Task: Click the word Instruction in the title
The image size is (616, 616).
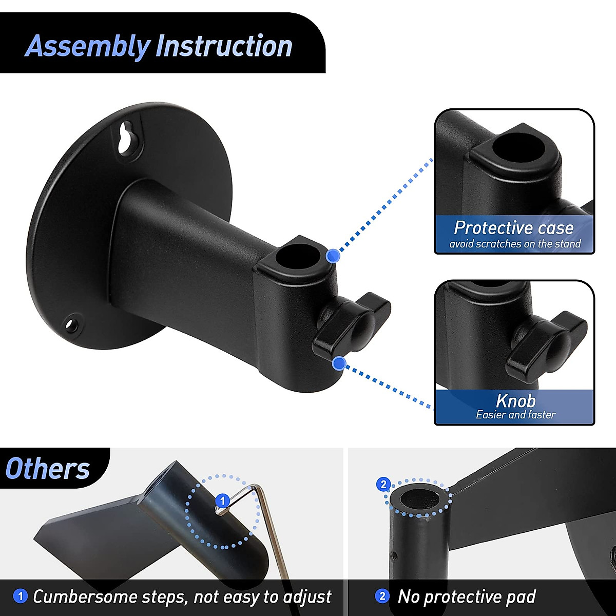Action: click(224, 46)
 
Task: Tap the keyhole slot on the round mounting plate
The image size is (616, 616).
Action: click(125, 138)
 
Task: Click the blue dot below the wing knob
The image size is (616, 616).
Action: click(338, 363)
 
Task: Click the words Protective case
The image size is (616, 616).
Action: click(513, 227)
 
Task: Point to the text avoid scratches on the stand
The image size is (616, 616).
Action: click(515, 244)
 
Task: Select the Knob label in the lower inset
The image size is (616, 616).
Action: click(515, 400)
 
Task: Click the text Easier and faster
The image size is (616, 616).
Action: click(515, 415)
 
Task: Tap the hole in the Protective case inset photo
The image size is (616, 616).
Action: click(518, 147)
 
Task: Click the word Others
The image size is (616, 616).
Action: click(48, 469)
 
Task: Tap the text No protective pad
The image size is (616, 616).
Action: click(467, 596)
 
